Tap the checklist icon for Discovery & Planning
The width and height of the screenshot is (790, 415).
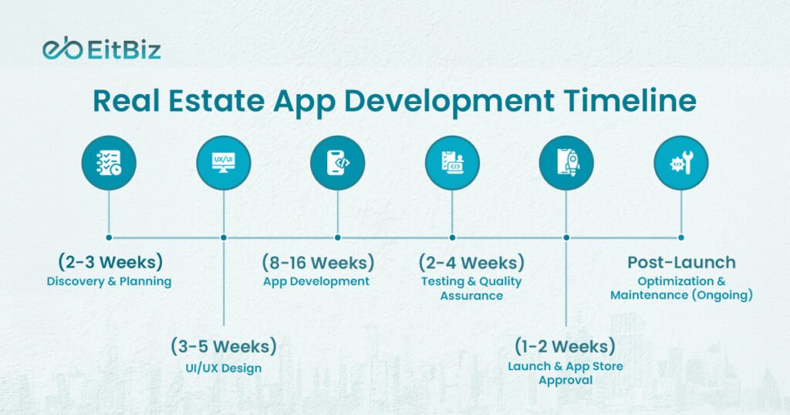click(x=109, y=163)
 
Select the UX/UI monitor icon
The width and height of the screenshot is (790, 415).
click(x=223, y=163)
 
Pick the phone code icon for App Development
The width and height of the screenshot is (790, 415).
click(x=337, y=163)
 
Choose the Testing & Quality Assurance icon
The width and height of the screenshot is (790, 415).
click(x=452, y=163)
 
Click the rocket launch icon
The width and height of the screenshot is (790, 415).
click(x=566, y=163)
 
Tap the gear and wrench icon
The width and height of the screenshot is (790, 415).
click(x=680, y=163)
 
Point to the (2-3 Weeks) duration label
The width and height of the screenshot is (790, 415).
click(x=110, y=261)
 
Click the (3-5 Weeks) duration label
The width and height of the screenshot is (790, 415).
click(x=223, y=346)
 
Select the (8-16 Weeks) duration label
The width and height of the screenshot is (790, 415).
click(x=318, y=261)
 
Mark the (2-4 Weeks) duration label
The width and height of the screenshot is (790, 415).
click(x=471, y=261)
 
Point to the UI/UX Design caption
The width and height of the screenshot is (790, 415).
click(x=223, y=368)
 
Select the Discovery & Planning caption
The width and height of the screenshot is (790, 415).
click(x=109, y=282)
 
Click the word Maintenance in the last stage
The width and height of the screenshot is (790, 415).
click(x=647, y=295)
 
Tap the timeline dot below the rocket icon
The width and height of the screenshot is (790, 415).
click(x=566, y=238)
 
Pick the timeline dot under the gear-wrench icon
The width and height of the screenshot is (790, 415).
click(x=680, y=238)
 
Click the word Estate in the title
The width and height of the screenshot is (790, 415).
click(x=216, y=102)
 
